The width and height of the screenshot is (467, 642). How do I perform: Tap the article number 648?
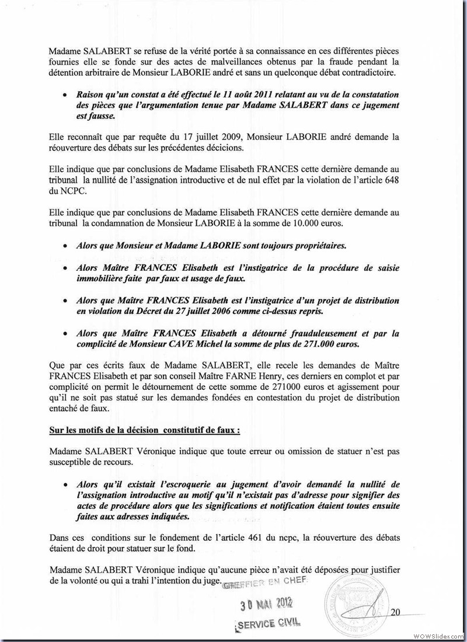tap(392, 181)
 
